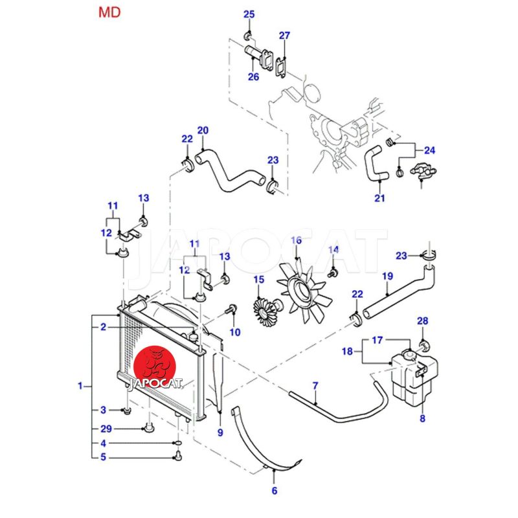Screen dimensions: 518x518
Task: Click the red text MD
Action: [109, 12]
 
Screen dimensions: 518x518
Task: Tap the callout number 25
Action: [249, 15]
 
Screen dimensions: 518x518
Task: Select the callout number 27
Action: [285, 36]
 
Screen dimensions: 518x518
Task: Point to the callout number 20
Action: [203, 131]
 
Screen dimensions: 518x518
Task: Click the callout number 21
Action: [380, 198]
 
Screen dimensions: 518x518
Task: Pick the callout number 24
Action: [430, 151]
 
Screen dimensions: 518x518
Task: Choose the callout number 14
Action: [333, 250]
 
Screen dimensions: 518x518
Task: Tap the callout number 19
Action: [387, 277]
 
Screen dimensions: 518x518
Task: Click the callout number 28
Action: [422, 321]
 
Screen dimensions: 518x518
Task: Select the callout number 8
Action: [422, 419]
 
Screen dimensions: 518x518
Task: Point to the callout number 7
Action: [315, 387]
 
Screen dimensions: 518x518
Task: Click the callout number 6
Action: [274, 491]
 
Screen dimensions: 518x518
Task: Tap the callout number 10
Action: [234, 332]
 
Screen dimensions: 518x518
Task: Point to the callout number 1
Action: [80, 387]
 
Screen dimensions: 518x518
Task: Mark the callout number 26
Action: [253, 76]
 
